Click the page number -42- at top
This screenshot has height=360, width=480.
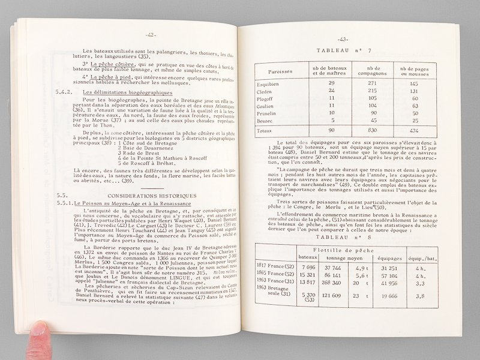point(150,35)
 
